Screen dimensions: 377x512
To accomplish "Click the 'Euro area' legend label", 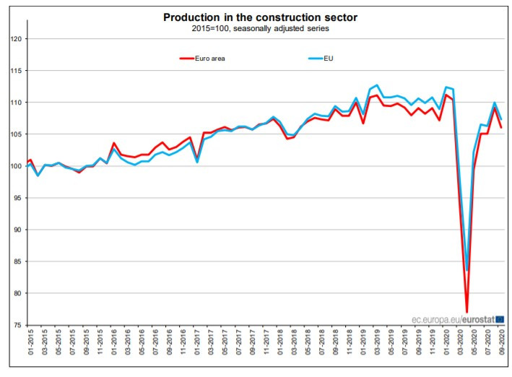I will (x=211, y=58).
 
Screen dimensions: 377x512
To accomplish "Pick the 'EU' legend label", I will (x=329, y=58).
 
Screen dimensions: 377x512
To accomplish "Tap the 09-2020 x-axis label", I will (x=501, y=344).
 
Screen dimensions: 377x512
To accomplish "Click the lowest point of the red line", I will (x=467, y=312).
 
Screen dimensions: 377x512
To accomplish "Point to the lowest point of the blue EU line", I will (x=467, y=271).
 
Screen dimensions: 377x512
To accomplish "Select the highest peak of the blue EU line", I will (x=377, y=85).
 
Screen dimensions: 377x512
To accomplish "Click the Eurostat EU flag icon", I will (x=500, y=318).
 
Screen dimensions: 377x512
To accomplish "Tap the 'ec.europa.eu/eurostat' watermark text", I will (x=452, y=318).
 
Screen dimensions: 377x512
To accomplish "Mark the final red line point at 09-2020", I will (x=501, y=127).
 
